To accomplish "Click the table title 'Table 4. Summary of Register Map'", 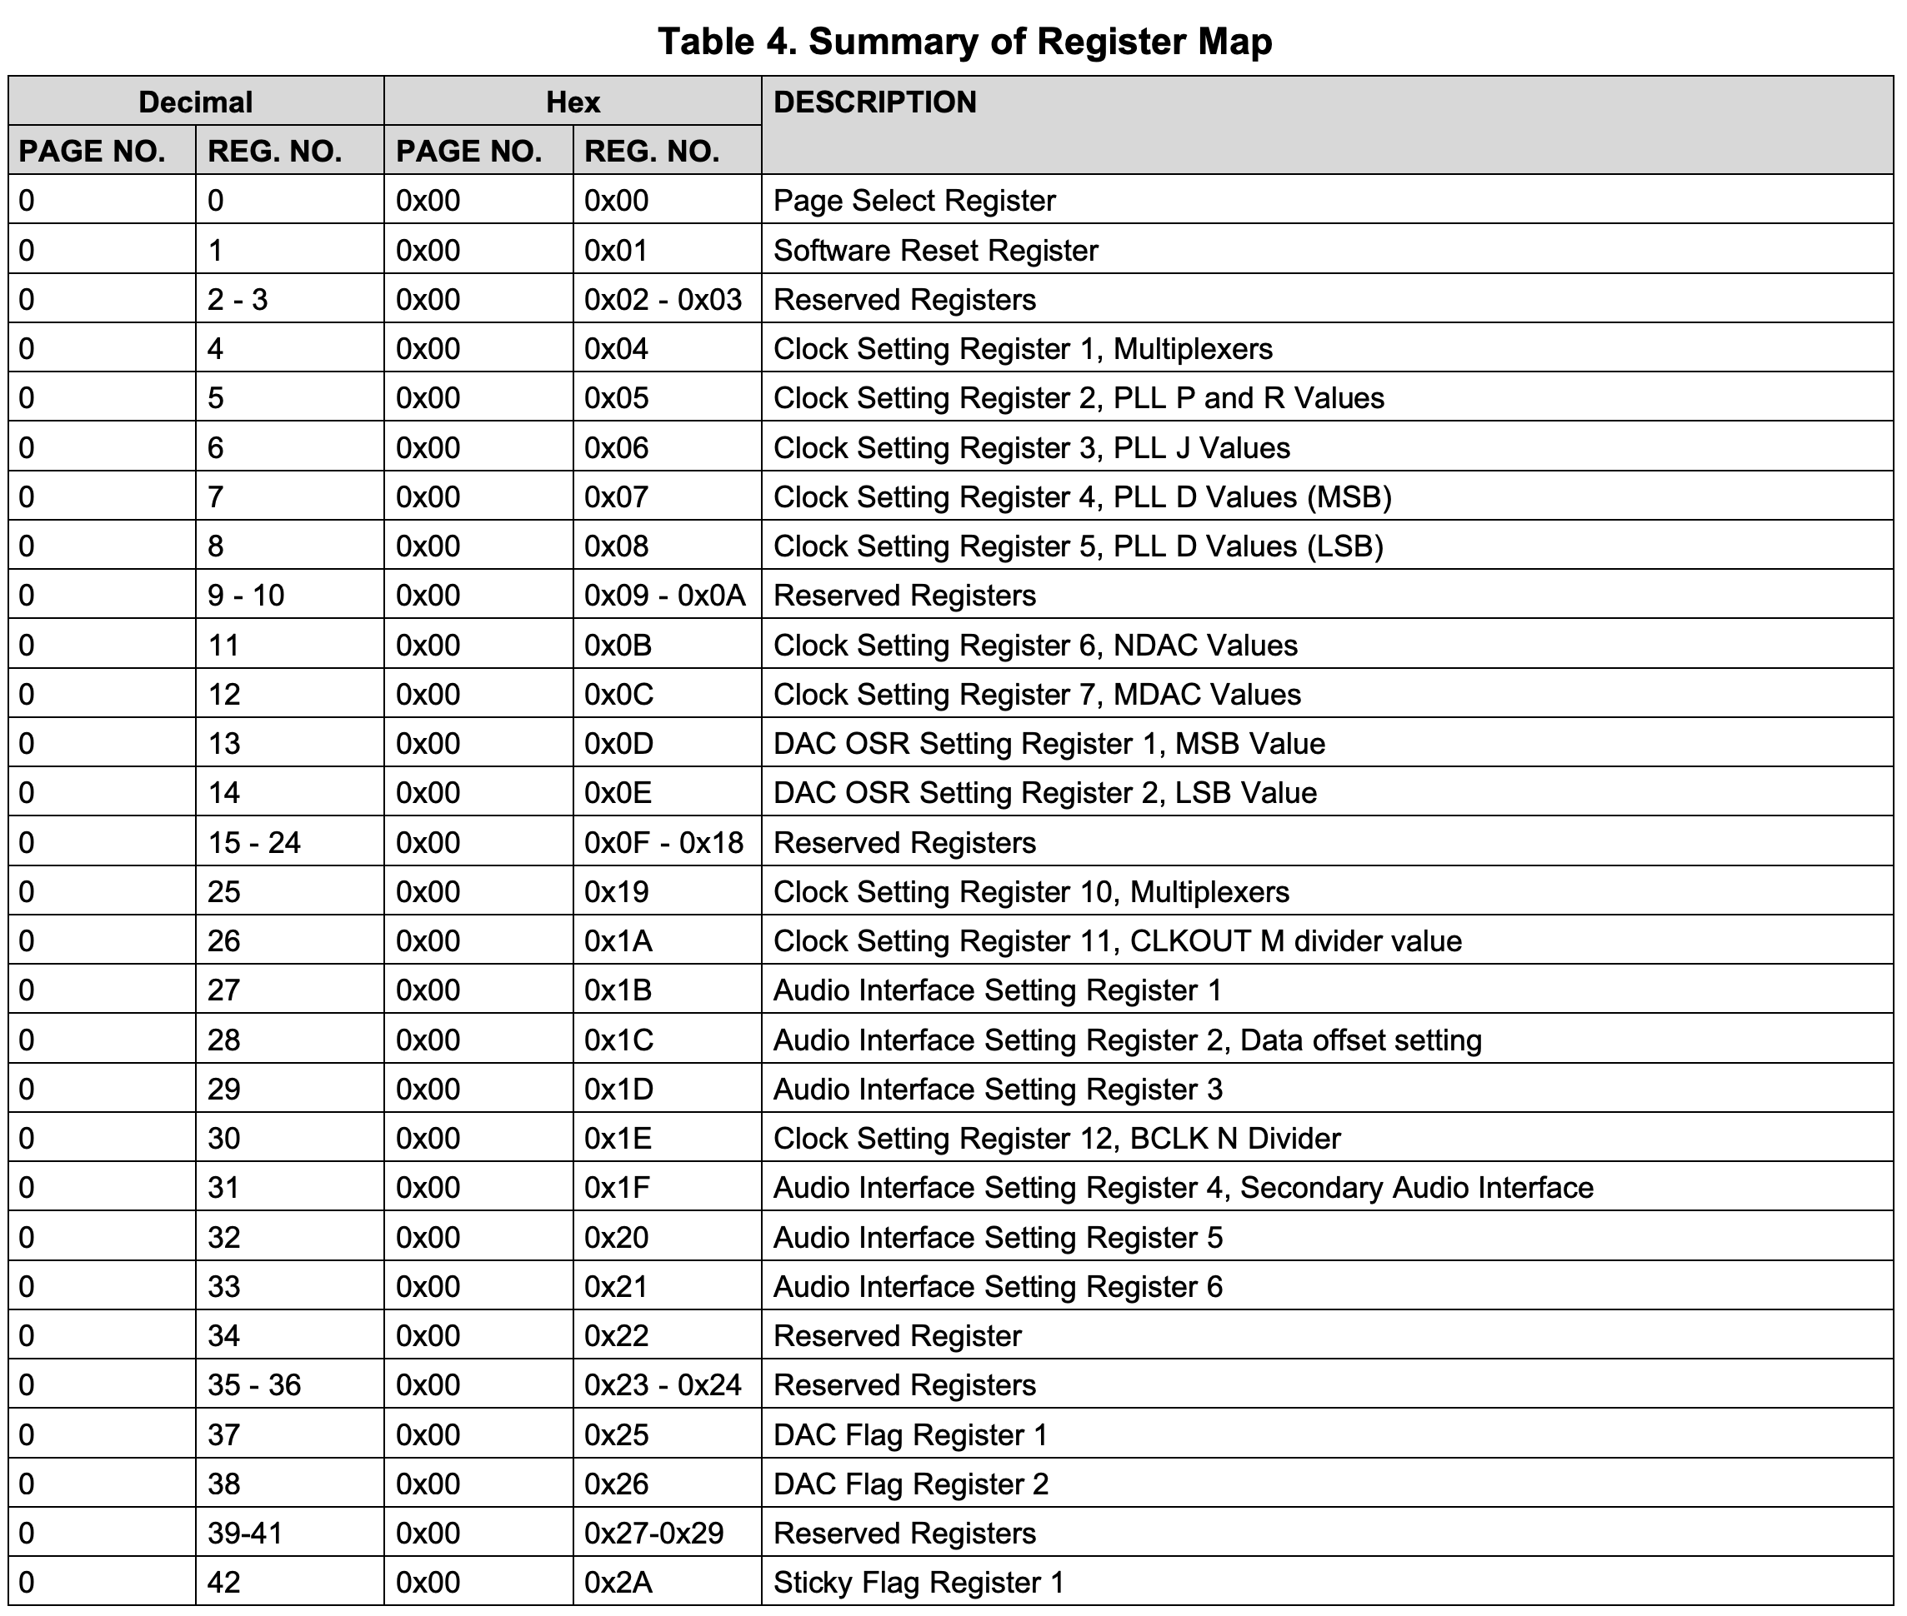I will tap(964, 42).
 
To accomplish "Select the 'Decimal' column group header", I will tap(195, 102).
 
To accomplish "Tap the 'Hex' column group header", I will tap(573, 102).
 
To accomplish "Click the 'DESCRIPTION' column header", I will tap(874, 102).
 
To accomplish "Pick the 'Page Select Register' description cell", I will tap(913, 201).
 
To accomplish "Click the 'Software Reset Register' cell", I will tap(934, 250).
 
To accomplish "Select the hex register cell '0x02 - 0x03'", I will tap(663, 300).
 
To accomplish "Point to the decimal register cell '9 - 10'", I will tap(246, 596).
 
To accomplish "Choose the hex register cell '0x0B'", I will tap(618, 645).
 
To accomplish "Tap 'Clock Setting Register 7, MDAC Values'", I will tap(1037, 695).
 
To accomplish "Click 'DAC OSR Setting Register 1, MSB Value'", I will tap(1049, 744).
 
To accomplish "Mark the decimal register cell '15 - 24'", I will tap(254, 843).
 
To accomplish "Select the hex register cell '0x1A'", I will tap(618, 940).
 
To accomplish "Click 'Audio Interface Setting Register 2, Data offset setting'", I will tap(1127, 1040).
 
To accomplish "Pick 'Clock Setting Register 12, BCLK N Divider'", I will tap(1057, 1139).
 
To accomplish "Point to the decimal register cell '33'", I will tap(223, 1286).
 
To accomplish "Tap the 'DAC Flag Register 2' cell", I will tap(910, 1484).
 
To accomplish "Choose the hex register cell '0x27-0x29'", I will tap(653, 1534).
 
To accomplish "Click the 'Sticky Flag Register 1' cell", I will tap(918, 1583).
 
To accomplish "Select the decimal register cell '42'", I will tap(223, 1583).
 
